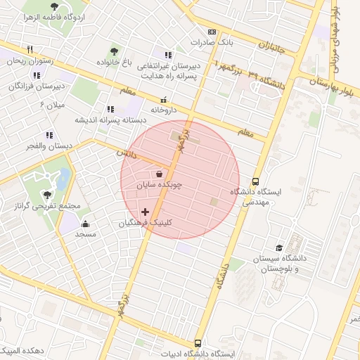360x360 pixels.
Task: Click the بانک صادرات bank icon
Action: coord(212,32)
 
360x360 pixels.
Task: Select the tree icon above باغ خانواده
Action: coord(114,51)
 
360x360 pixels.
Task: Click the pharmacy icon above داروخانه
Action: coord(163,101)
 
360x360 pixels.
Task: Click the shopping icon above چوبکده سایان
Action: coord(160,174)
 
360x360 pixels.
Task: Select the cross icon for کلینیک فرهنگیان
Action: coord(146,212)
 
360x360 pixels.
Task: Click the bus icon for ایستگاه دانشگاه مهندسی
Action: coord(255,180)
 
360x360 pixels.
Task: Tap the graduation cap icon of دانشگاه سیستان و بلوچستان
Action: coord(280,248)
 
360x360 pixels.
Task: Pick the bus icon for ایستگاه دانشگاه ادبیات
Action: coord(198,343)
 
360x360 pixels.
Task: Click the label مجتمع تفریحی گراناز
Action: coord(47,206)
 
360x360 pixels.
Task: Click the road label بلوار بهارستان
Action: coord(336,86)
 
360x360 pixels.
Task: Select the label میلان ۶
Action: coord(52,105)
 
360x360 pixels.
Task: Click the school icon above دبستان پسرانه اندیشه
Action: coord(110,109)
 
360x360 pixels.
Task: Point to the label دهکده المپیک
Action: coord(23,350)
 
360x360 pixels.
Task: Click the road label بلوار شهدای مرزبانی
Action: coord(337,32)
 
